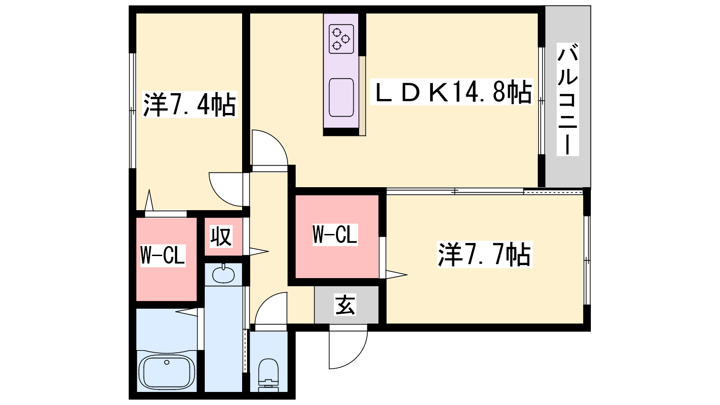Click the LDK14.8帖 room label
451,92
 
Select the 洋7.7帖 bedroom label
485,254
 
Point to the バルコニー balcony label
567,99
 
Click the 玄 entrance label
345,305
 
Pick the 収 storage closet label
221,236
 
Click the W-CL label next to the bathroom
162,255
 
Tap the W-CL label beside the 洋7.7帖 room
335,234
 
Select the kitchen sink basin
341,97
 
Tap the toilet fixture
269,373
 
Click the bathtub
166,371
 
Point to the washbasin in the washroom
223,274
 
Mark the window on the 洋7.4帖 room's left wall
132,110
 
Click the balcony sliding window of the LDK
542,101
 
